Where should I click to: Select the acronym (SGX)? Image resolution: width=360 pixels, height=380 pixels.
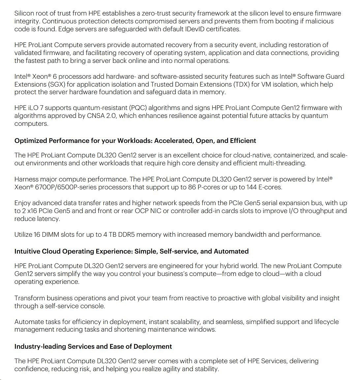click(55, 84)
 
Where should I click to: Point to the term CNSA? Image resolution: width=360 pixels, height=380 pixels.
click(96, 116)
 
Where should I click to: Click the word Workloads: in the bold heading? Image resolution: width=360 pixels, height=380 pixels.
click(135, 141)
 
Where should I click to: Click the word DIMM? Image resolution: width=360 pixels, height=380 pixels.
click(42, 234)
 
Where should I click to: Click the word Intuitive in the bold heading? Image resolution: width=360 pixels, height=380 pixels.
click(27, 251)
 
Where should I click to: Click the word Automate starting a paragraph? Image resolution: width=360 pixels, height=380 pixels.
click(29, 322)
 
